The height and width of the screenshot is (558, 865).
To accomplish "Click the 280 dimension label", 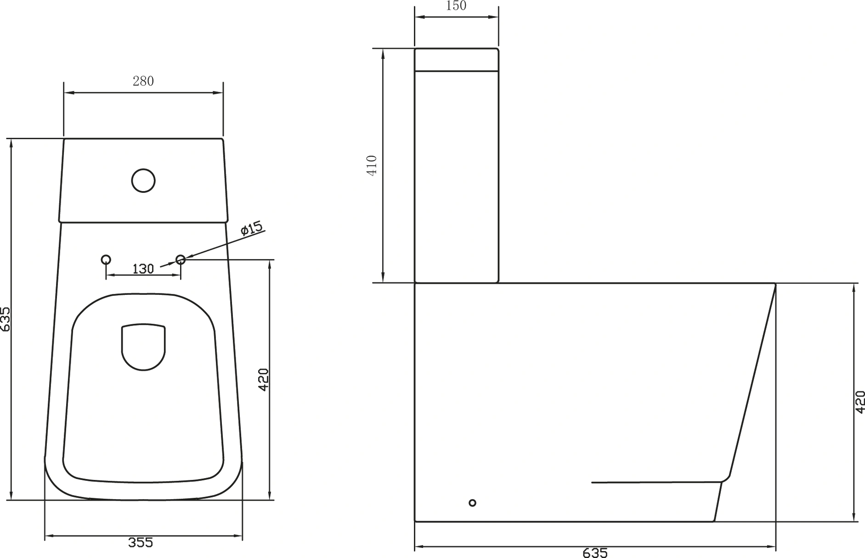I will (143, 81).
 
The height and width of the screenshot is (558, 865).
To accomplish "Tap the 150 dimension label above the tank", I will (456, 6).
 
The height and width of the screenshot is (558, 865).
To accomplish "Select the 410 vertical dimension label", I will (372, 165).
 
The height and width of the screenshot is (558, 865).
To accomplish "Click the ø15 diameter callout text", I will (251, 228).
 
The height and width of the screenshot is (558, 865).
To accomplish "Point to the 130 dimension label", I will (143, 269).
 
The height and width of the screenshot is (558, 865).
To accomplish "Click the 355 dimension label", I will (141, 543).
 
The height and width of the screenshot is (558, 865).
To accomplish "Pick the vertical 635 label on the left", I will (5, 319).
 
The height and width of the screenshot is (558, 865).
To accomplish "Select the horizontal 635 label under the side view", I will (595, 553).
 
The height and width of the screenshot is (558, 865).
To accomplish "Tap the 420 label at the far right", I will (860, 402).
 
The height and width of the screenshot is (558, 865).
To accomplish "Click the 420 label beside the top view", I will (263, 380).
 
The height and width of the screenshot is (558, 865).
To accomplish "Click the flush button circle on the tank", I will (143, 180).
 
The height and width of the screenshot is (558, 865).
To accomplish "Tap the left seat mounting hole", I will (106, 259).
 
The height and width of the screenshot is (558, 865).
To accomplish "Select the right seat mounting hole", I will (181, 259).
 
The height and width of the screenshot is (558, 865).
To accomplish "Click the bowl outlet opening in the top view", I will (143, 347).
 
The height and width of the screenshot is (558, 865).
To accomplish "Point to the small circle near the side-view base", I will (472, 503).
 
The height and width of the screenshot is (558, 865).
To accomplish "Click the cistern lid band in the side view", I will (456, 60).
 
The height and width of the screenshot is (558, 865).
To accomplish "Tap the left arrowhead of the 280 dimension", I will (67, 93).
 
